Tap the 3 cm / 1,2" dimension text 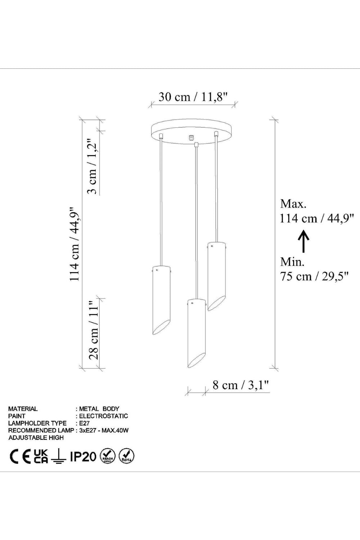point(93,166)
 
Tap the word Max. point(293,204)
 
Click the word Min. point(292,262)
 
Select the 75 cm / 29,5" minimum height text point(314,276)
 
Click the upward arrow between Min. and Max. point(303,241)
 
